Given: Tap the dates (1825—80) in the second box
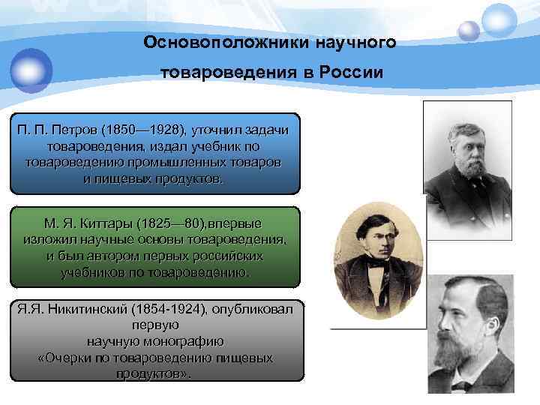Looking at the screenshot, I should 168,224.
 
